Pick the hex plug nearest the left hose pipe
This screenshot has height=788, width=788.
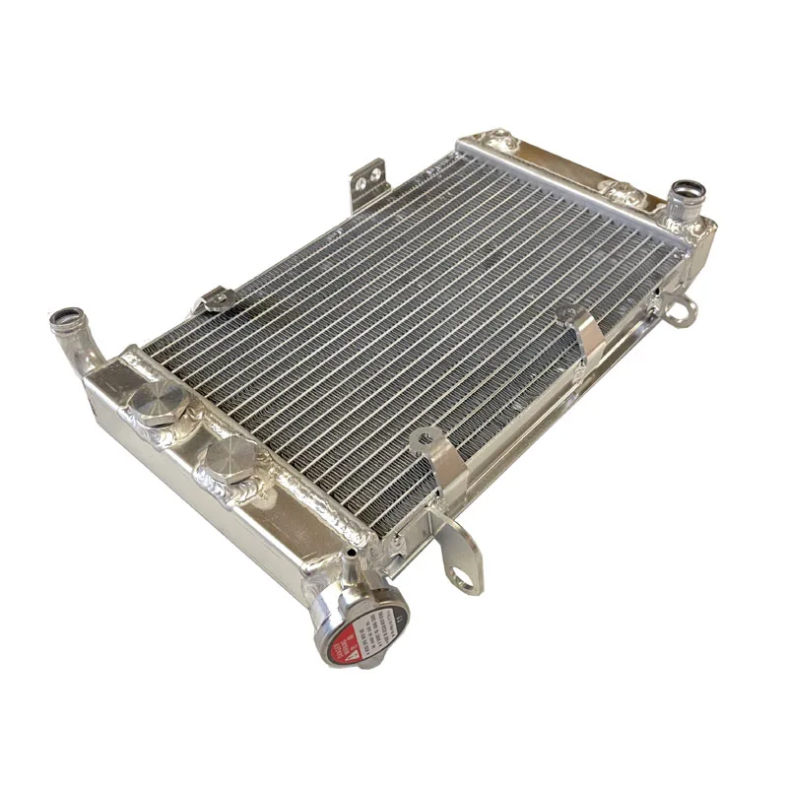[155, 398]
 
